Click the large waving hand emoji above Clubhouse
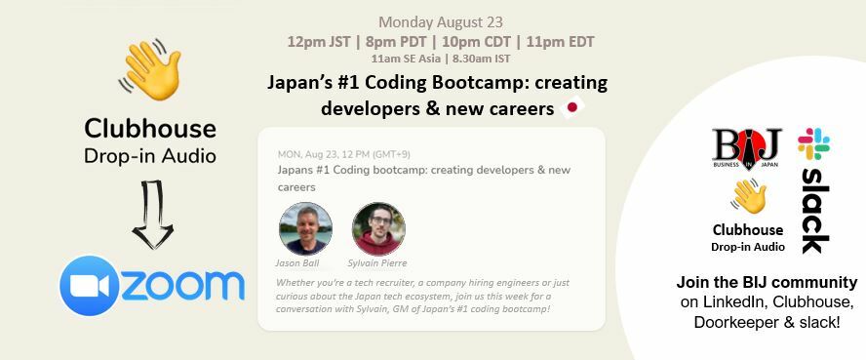150,70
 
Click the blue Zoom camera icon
89,286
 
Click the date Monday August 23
441,21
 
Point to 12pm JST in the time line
321,42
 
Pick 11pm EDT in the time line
559,42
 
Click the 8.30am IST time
498,59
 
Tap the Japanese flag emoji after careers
572,108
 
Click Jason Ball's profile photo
305,228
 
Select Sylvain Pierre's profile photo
378,228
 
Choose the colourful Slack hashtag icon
813,144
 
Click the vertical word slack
815,210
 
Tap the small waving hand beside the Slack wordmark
748,198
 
